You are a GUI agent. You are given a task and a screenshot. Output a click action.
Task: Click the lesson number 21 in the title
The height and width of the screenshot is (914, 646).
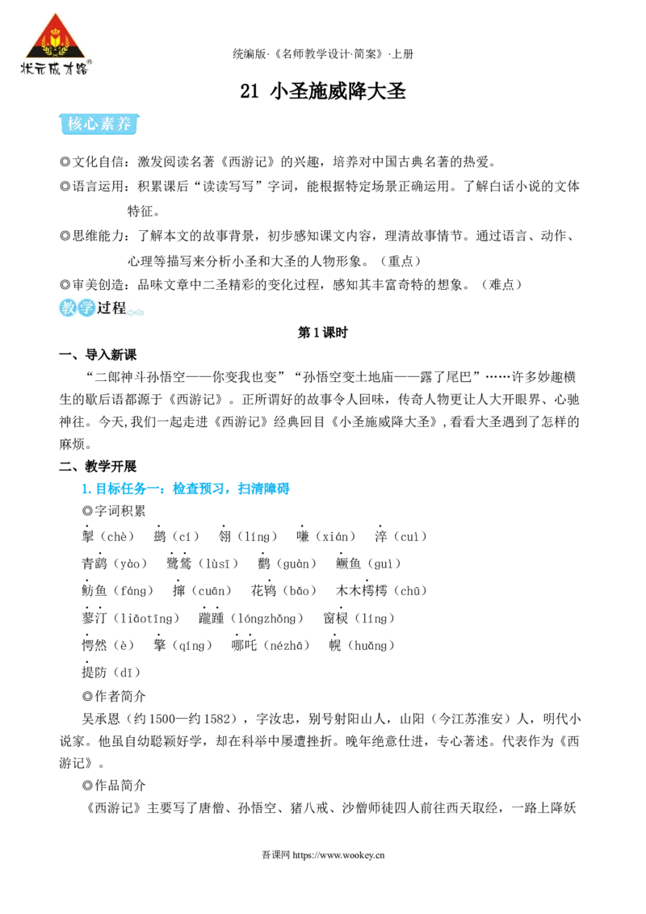249,91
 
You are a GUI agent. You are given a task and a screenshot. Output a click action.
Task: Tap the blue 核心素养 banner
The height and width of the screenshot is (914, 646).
99,124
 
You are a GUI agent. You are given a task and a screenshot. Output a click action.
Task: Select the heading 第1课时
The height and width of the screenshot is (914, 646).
322,333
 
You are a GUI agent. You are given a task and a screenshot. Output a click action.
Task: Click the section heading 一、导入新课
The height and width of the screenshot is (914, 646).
98,354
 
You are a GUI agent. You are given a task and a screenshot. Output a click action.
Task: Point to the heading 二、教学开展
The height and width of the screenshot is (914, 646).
98,466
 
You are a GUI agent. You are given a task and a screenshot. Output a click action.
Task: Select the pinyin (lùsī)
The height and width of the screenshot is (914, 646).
218,564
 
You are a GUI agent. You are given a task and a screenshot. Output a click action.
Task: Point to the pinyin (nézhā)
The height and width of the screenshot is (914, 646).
287,645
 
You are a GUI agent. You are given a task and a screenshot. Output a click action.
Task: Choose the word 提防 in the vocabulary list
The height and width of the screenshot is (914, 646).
94,672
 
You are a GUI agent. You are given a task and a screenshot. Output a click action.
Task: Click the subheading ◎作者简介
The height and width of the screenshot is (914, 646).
114,696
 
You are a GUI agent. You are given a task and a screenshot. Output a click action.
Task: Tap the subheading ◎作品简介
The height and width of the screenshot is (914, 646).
114,785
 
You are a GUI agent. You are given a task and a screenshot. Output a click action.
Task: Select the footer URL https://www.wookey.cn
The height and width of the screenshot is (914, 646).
338,855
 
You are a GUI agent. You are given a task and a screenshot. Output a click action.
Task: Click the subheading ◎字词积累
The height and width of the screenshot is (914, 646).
114,511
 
